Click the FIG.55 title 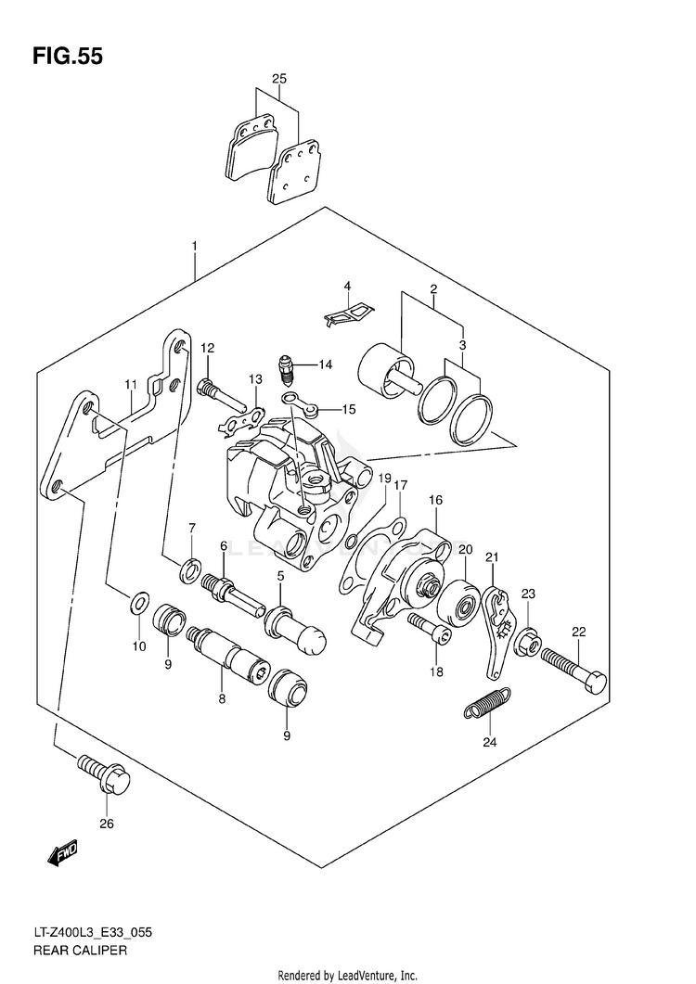(x=67, y=57)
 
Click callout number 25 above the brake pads (x=278, y=79)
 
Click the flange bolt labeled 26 (x=104, y=774)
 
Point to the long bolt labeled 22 (x=576, y=669)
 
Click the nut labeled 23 (x=525, y=639)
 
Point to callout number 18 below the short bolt (x=435, y=671)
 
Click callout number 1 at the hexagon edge (x=194, y=246)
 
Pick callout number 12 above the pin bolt (x=206, y=348)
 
